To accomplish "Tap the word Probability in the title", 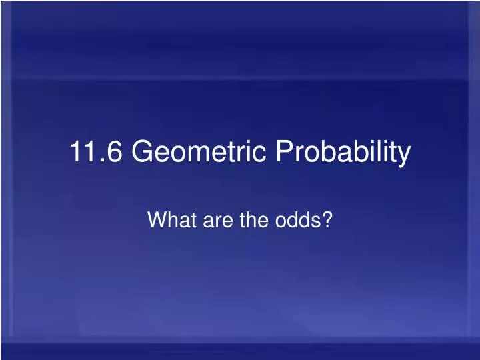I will [x=343, y=153].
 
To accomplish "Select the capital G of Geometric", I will [x=143, y=153].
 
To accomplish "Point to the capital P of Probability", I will [x=285, y=153].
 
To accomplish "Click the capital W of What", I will [x=157, y=219].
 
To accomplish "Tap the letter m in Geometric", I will [x=198, y=156].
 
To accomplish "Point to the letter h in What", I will [x=170, y=219].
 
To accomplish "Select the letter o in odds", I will [x=280, y=221].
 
